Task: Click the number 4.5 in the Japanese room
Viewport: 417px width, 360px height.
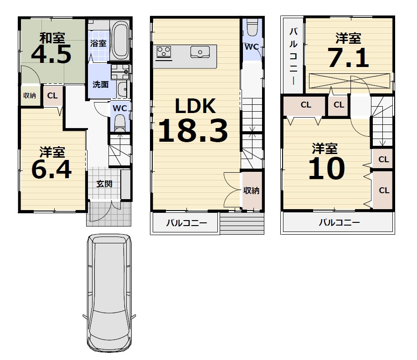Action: pyautogui.click(x=51, y=54)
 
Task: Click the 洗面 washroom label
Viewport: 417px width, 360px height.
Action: pyautogui.click(x=100, y=84)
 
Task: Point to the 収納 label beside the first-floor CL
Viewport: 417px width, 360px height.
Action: pyautogui.click(x=30, y=95)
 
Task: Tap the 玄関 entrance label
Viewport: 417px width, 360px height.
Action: pyautogui.click(x=104, y=184)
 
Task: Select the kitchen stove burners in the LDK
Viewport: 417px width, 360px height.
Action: pyautogui.click(x=163, y=52)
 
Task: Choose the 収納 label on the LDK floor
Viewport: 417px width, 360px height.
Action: pyautogui.click(x=251, y=190)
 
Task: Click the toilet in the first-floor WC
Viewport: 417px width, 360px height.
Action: pyautogui.click(x=119, y=122)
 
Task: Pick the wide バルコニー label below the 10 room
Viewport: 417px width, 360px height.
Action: pyautogui.click(x=339, y=222)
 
